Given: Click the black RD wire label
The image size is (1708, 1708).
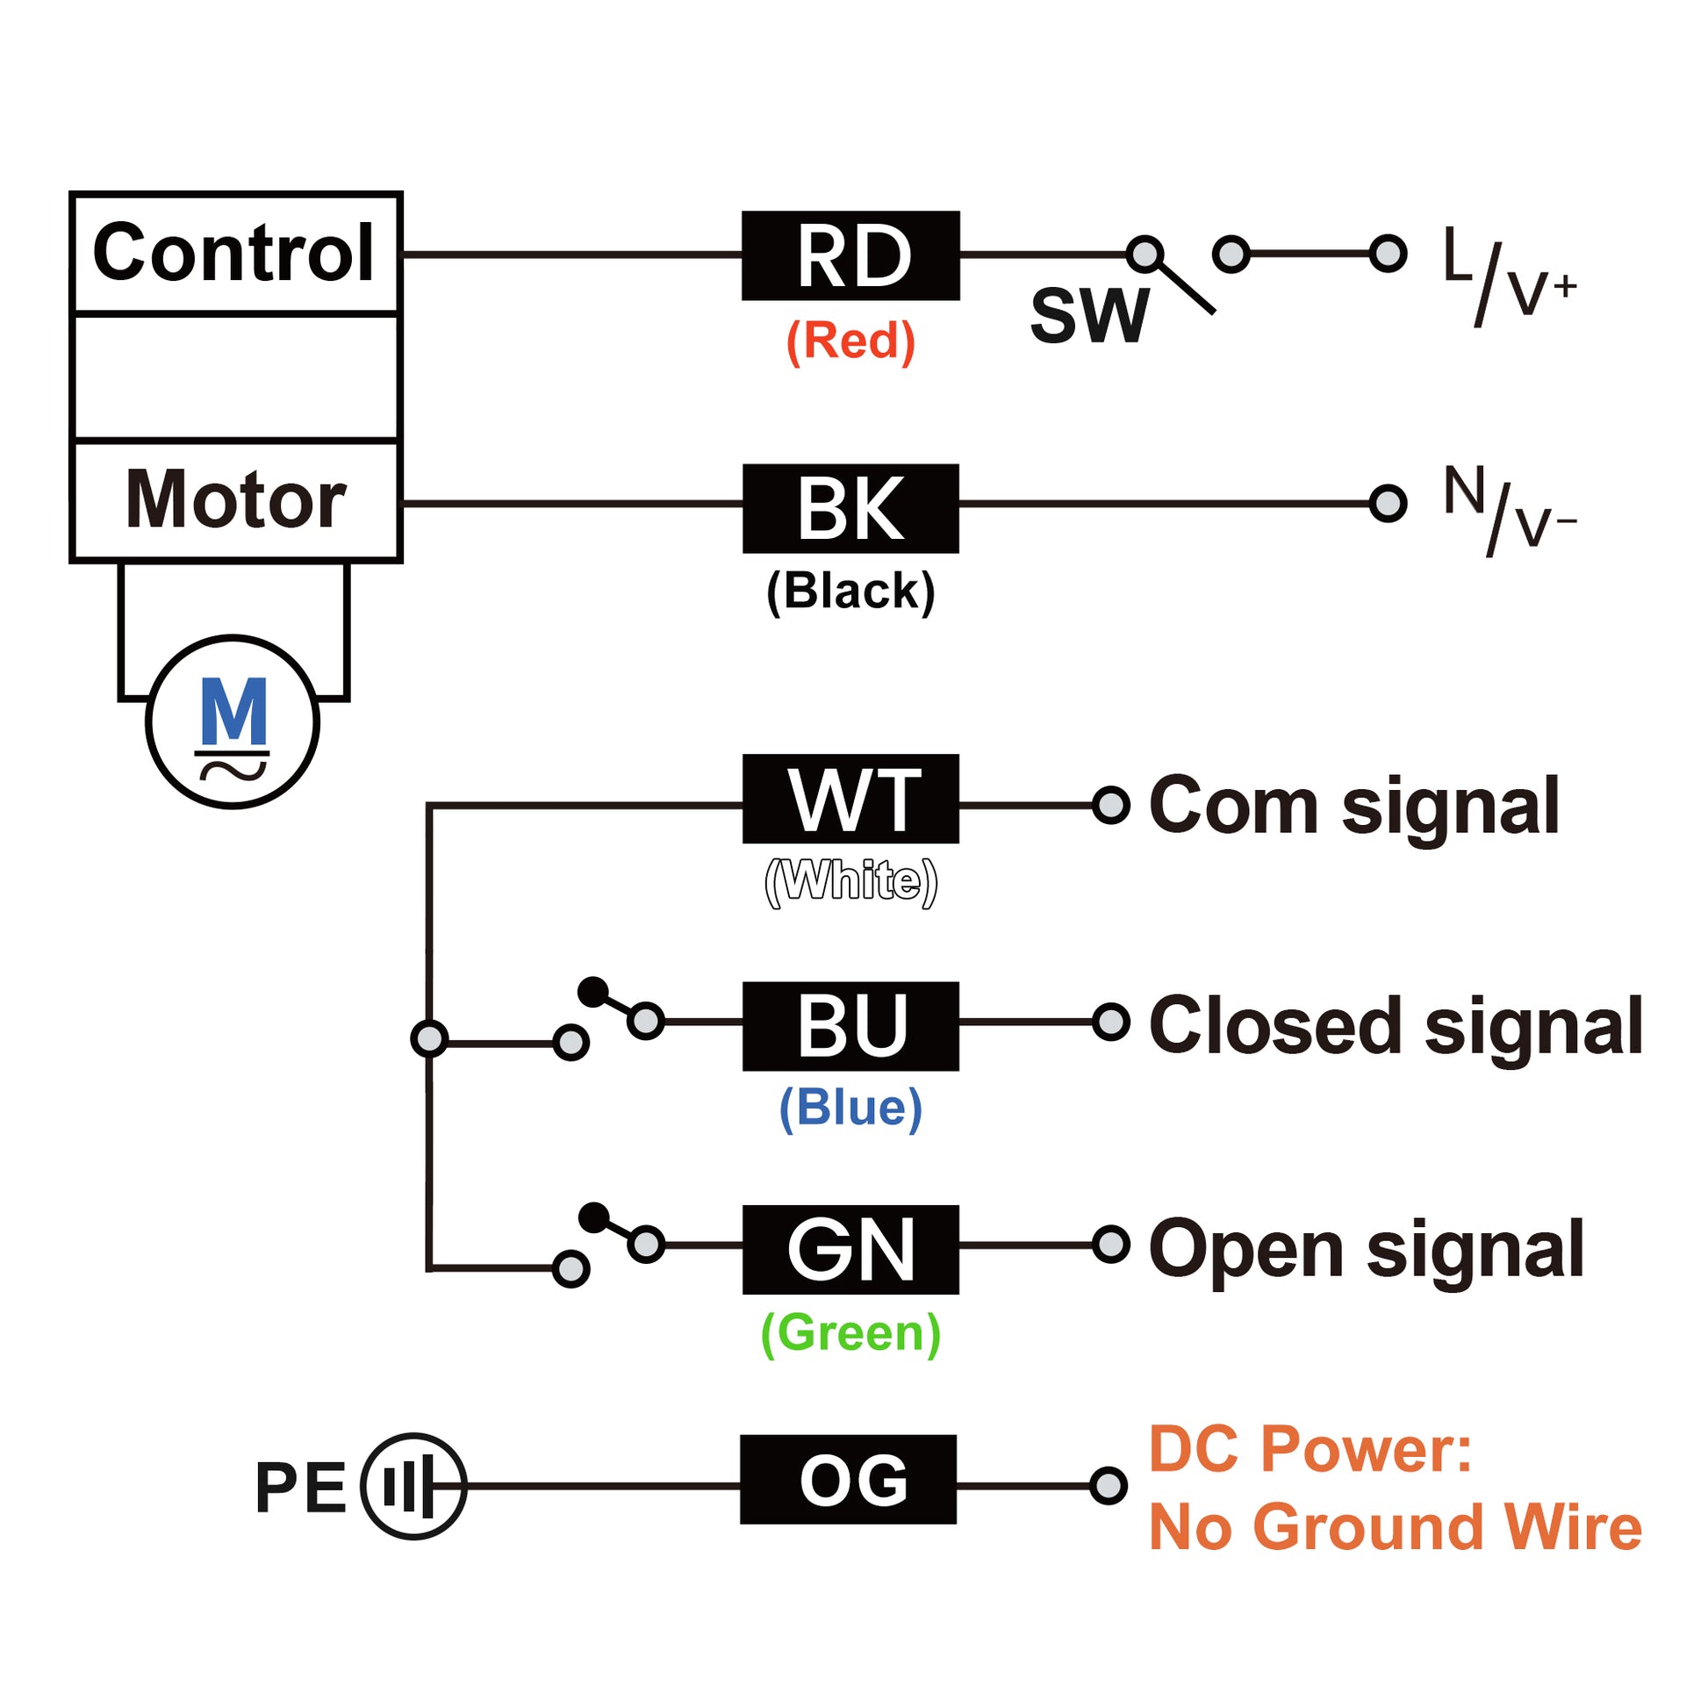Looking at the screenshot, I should click(850, 255).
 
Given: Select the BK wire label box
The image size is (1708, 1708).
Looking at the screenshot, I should click(850, 508).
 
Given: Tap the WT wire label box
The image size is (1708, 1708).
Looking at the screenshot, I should click(850, 799).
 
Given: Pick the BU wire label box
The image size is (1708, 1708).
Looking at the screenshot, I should click(850, 1025).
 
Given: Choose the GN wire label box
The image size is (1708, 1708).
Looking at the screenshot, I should click(850, 1249).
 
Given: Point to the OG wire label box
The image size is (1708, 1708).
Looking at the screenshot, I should click(849, 1479).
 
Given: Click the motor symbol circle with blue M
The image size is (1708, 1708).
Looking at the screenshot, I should click(233, 721).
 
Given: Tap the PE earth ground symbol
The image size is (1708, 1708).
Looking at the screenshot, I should click(413, 1486).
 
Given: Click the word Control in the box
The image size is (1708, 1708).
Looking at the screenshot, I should click(234, 253).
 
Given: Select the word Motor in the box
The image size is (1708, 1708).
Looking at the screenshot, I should click(235, 500).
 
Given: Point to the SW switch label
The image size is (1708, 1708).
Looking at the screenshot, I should click(1089, 316).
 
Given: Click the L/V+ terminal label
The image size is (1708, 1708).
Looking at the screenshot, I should click(1508, 274).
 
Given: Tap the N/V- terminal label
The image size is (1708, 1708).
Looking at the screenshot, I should click(1508, 510).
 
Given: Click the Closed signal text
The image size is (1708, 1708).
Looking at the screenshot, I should click(1395, 1025).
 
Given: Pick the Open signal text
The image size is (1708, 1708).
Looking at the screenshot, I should click(1366, 1249).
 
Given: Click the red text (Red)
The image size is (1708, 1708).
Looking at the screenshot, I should click(850, 341).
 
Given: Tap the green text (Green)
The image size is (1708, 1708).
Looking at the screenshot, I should click(850, 1332).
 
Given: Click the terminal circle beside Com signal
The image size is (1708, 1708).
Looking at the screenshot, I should click(1111, 806).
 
